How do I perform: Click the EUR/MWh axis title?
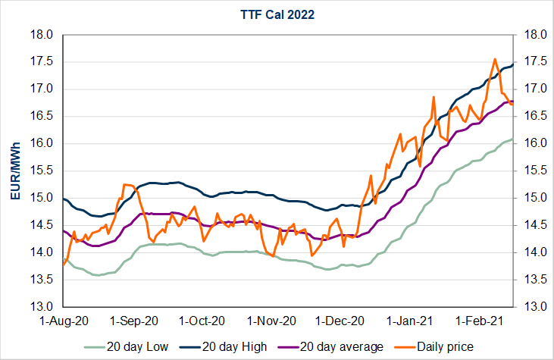pos(15,171)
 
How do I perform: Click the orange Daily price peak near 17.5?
pos(495,59)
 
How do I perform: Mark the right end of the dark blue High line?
pos(514,64)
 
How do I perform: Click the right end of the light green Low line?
pos(514,139)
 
